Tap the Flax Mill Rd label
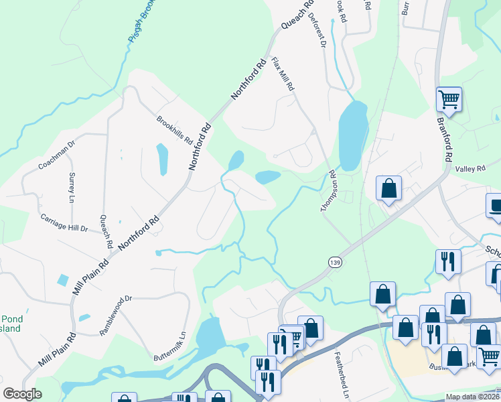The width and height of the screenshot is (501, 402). [283, 74]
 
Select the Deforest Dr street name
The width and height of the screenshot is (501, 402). [317, 32]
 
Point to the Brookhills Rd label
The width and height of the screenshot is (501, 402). [174, 131]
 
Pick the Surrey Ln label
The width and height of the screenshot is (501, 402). [72, 187]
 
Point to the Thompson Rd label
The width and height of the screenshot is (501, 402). [328, 191]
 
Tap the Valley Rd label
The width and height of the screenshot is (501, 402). [470, 170]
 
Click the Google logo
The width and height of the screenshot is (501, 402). [22, 394]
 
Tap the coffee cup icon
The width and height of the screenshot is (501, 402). [495, 206]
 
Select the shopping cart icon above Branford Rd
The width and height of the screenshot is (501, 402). [449, 100]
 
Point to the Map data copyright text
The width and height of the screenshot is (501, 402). [472, 397]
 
